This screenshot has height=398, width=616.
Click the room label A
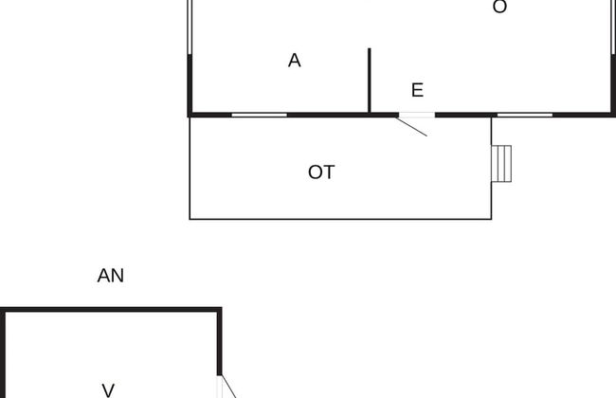(x=294, y=61)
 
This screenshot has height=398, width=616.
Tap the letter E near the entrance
(x=418, y=90)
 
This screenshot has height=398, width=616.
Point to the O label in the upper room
(x=499, y=7)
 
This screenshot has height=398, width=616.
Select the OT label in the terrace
(x=321, y=172)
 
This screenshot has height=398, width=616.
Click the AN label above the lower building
(x=110, y=276)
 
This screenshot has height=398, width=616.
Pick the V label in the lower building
(x=108, y=390)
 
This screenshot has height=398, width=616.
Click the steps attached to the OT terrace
(x=501, y=164)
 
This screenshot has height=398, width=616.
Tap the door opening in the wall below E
(x=417, y=115)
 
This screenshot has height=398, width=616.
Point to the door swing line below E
(x=411, y=127)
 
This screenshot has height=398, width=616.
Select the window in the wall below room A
(x=260, y=115)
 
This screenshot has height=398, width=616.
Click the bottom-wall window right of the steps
(x=525, y=115)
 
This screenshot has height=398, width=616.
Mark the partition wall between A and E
(x=370, y=81)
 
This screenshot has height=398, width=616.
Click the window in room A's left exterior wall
(x=190, y=27)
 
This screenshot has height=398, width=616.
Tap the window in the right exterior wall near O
(x=613, y=27)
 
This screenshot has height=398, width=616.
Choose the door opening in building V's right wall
(x=219, y=387)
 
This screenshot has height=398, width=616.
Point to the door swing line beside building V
(x=229, y=387)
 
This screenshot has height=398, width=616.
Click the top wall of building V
(x=111, y=310)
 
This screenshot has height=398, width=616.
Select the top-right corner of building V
(x=222, y=307)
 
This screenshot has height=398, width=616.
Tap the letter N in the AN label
(x=118, y=276)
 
